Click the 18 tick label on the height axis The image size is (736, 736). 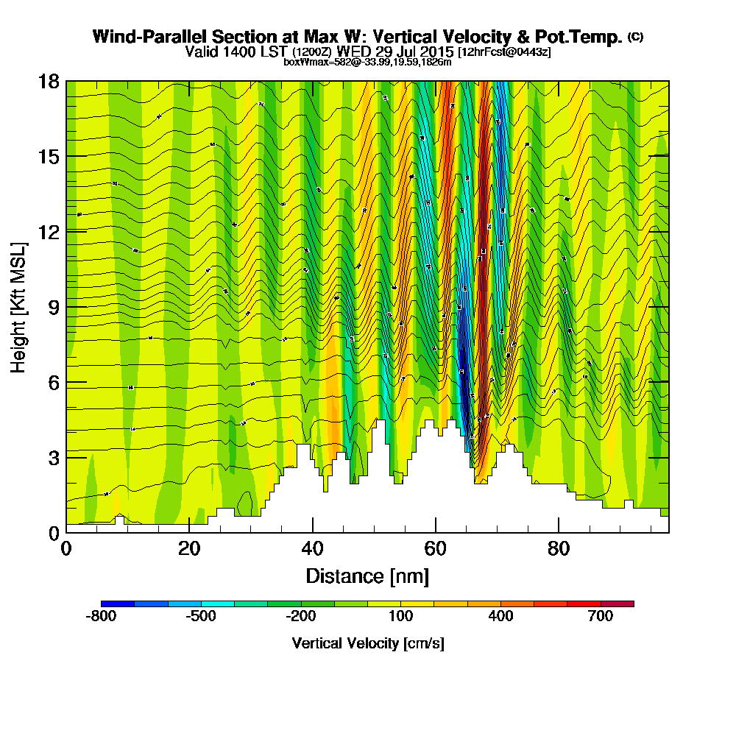[x=49, y=81]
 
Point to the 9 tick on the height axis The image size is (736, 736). [x=66, y=306]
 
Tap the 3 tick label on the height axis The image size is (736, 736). [x=53, y=457]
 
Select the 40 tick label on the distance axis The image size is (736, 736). [x=313, y=549]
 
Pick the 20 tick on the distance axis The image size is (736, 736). [x=189, y=532]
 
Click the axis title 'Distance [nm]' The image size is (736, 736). [x=367, y=576]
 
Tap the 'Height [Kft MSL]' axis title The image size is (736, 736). [x=18, y=306]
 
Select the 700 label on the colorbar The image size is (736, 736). [x=601, y=617]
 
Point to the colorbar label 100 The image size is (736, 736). [x=400, y=617]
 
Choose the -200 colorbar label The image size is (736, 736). [x=300, y=617]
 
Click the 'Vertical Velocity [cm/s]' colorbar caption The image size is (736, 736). [x=367, y=643]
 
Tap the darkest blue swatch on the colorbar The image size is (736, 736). [x=118, y=604]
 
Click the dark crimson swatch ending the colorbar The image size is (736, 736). [x=618, y=604]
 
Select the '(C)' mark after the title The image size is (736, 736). [x=635, y=37]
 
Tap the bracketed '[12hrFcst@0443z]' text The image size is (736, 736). [x=504, y=52]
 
